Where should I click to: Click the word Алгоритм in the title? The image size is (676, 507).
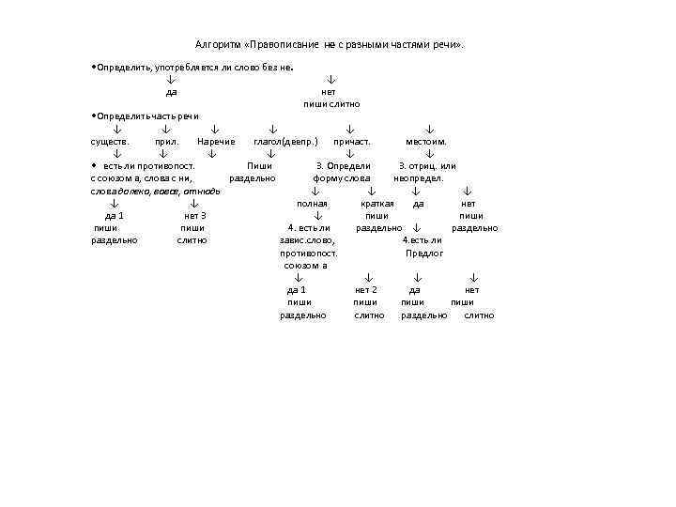(217, 44)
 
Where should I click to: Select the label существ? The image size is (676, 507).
(109, 142)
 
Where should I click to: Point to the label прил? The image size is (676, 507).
(166, 142)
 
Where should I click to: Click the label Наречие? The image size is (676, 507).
(216, 142)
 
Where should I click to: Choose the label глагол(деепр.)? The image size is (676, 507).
(285, 142)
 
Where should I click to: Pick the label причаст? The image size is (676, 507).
(353, 142)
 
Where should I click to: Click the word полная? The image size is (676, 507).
(312, 203)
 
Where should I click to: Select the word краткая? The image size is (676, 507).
(376, 203)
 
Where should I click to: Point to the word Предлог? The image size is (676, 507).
(424, 253)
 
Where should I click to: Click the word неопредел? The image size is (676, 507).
(419, 178)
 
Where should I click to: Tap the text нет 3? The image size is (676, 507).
(195, 216)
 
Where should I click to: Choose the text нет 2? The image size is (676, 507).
(366, 290)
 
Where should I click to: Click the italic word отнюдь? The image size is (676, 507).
(202, 191)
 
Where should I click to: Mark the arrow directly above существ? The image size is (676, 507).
(117, 129)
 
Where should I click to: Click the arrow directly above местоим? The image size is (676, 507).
(429, 129)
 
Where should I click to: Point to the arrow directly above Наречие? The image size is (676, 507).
(215, 129)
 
